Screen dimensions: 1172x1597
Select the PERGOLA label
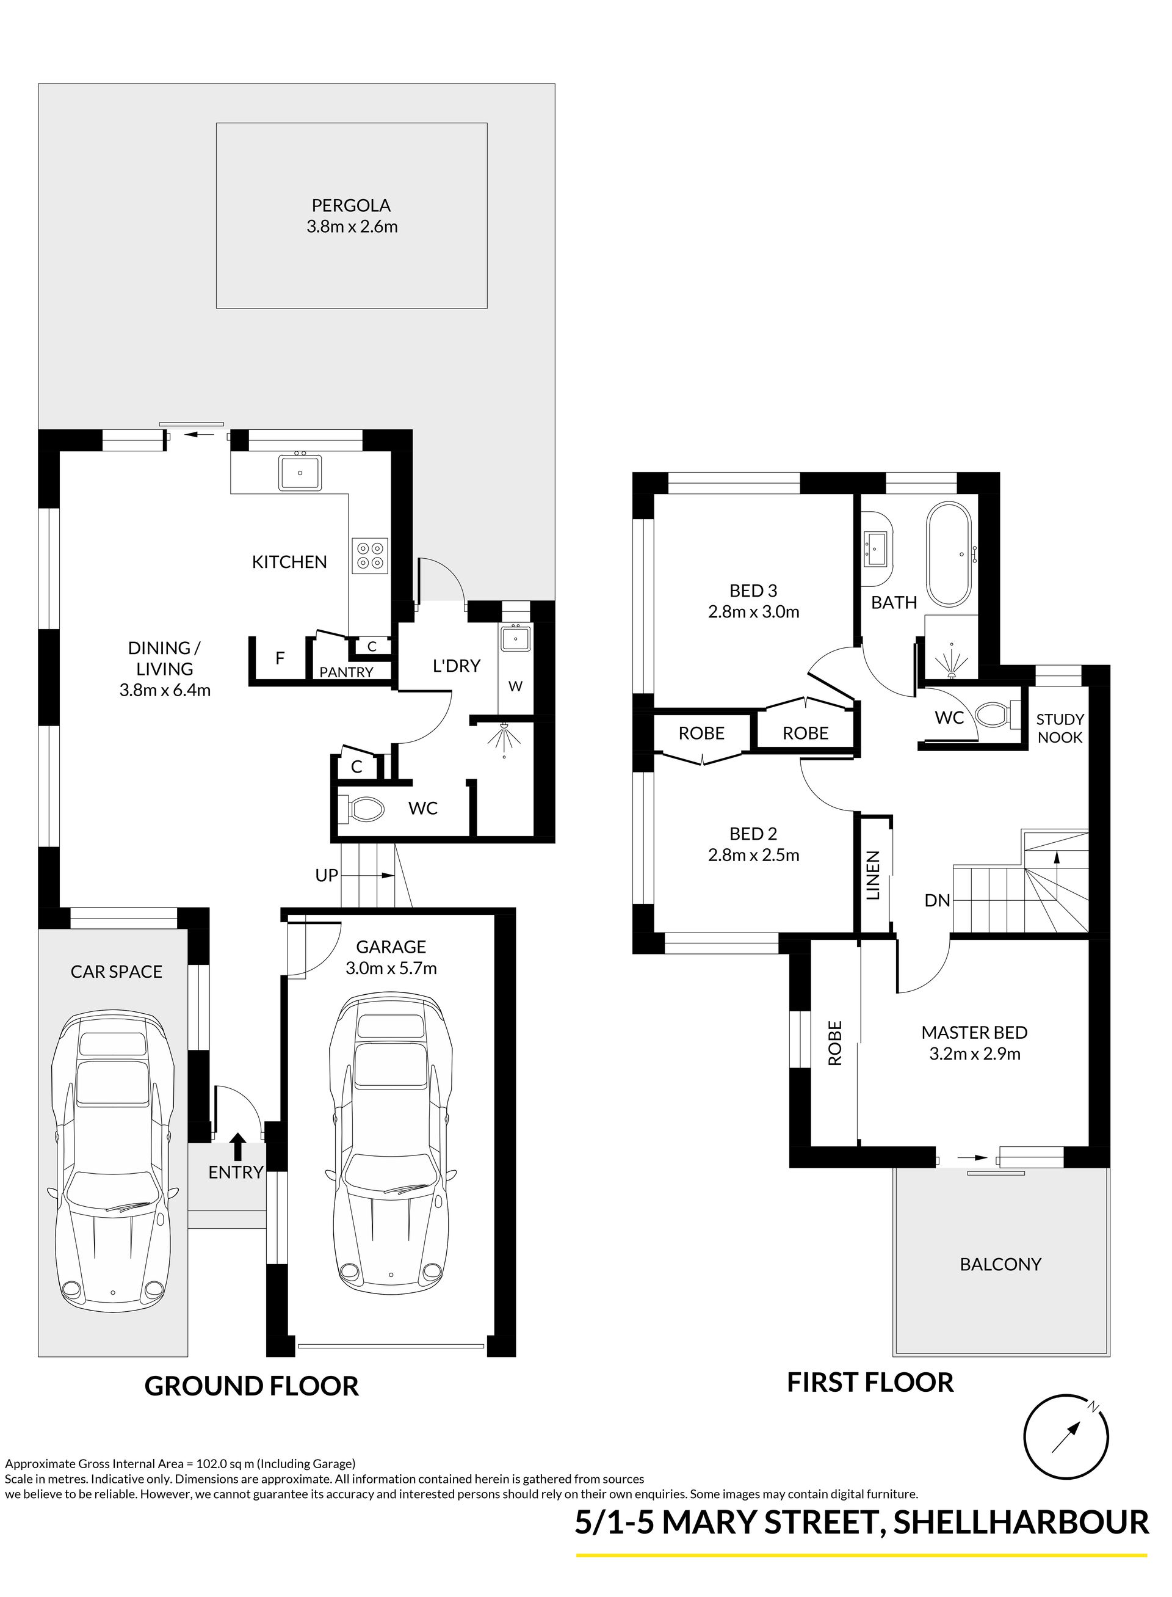(x=351, y=205)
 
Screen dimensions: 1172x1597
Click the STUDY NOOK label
(x=1060, y=728)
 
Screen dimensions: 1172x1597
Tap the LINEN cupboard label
(x=874, y=875)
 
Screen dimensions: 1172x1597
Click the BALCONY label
(x=1000, y=1264)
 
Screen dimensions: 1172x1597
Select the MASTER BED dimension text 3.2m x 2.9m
(x=975, y=1054)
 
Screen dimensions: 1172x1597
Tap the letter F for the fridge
(x=280, y=658)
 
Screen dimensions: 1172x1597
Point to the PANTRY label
(x=346, y=672)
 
